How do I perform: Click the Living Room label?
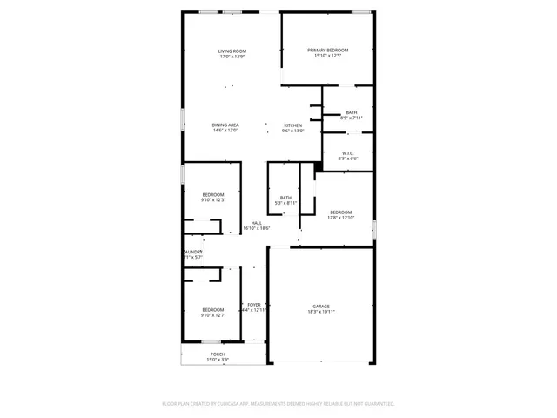(x=232, y=51)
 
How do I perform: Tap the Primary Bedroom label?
(x=327, y=51)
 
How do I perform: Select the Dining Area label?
(x=225, y=125)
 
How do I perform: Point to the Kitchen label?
(x=292, y=125)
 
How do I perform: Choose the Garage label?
(x=321, y=306)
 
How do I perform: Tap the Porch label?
(x=217, y=354)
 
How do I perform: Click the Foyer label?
(x=253, y=305)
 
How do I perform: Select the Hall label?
(x=257, y=223)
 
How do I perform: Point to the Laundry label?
(x=191, y=252)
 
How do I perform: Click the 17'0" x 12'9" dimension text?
(x=232, y=57)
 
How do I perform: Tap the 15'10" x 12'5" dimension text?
(x=327, y=56)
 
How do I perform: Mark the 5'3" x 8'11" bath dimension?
(x=285, y=203)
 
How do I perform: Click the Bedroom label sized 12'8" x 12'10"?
(x=340, y=212)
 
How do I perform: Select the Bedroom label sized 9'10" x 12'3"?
(x=213, y=194)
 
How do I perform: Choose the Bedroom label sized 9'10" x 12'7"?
(x=213, y=309)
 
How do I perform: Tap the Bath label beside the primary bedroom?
(x=351, y=111)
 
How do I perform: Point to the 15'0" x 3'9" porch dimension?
(x=217, y=359)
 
